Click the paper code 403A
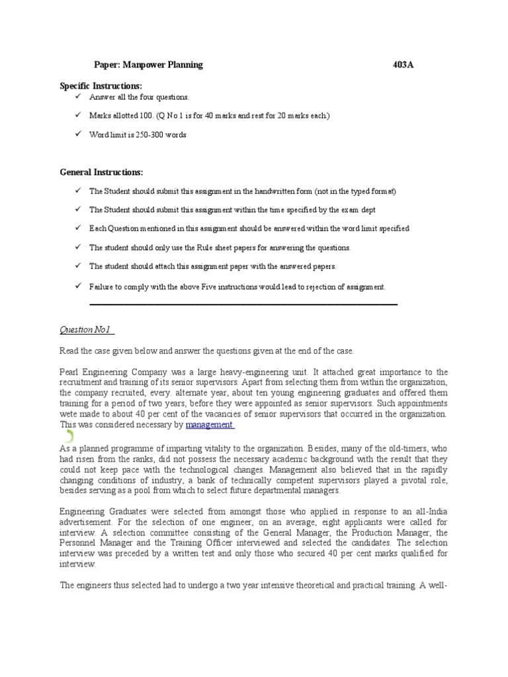tap(405, 65)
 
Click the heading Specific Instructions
tap(101, 86)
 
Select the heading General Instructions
tap(101, 172)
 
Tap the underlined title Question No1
tap(87, 329)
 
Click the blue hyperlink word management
tap(209, 424)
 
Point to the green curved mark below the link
tap(69, 437)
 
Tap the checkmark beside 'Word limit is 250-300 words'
tap(77, 134)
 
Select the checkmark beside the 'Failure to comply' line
tap(77, 286)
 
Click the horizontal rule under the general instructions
tap(243, 304)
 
